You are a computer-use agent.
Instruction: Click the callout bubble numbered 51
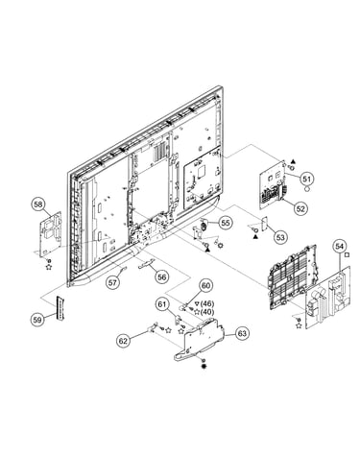point(307,179)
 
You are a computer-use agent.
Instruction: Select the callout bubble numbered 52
point(300,208)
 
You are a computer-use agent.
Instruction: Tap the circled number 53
point(280,237)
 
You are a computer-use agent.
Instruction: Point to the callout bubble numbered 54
point(339,246)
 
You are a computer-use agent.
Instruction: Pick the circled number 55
point(226,223)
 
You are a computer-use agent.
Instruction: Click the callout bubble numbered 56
point(162,276)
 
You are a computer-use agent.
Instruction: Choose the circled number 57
point(112,283)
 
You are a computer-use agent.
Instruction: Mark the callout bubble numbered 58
point(38,204)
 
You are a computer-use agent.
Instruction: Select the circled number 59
point(37,319)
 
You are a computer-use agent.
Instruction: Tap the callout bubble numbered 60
point(206,285)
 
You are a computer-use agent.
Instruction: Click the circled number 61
point(163,304)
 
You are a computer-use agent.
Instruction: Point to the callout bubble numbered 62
point(123,341)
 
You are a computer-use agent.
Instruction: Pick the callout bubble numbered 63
point(242,333)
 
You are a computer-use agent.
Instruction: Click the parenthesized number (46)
point(207,303)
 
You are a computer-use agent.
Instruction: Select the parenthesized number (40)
point(207,311)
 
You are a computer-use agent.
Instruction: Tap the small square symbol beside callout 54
point(347,254)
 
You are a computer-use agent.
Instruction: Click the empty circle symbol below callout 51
point(307,189)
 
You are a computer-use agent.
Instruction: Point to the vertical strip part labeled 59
point(60,308)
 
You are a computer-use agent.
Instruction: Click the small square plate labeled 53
point(265,224)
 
